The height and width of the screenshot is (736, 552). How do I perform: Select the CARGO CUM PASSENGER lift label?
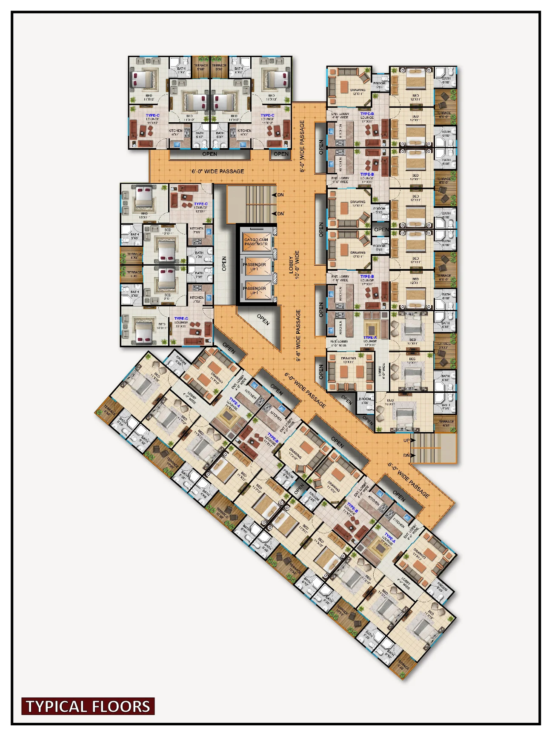click(x=256, y=242)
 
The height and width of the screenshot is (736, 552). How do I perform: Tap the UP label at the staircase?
click(x=407, y=441)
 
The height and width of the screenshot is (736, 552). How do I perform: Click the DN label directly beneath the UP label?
click(x=407, y=455)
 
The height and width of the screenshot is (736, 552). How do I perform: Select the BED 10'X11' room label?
click(x=390, y=402)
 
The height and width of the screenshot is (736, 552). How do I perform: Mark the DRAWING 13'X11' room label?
click(x=349, y=360)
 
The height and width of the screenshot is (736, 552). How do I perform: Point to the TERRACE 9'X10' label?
click(x=443, y=345)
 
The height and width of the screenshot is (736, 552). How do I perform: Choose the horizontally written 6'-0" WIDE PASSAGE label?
click(x=217, y=172)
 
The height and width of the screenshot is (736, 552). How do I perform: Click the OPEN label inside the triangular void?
click(x=263, y=319)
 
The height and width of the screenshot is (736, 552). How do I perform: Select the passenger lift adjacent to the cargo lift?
click(x=255, y=267)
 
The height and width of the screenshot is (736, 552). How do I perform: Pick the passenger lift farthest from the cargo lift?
click(x=255, y=290)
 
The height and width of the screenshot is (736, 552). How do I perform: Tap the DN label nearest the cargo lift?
click(x=280, y=214)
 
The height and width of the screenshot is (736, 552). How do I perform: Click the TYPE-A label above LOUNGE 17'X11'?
click(x=370, y=338)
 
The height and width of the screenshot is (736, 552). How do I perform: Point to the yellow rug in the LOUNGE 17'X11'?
click(x=371, y=329)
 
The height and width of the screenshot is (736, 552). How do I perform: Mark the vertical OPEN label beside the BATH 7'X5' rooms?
click(x=224, y=263)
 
